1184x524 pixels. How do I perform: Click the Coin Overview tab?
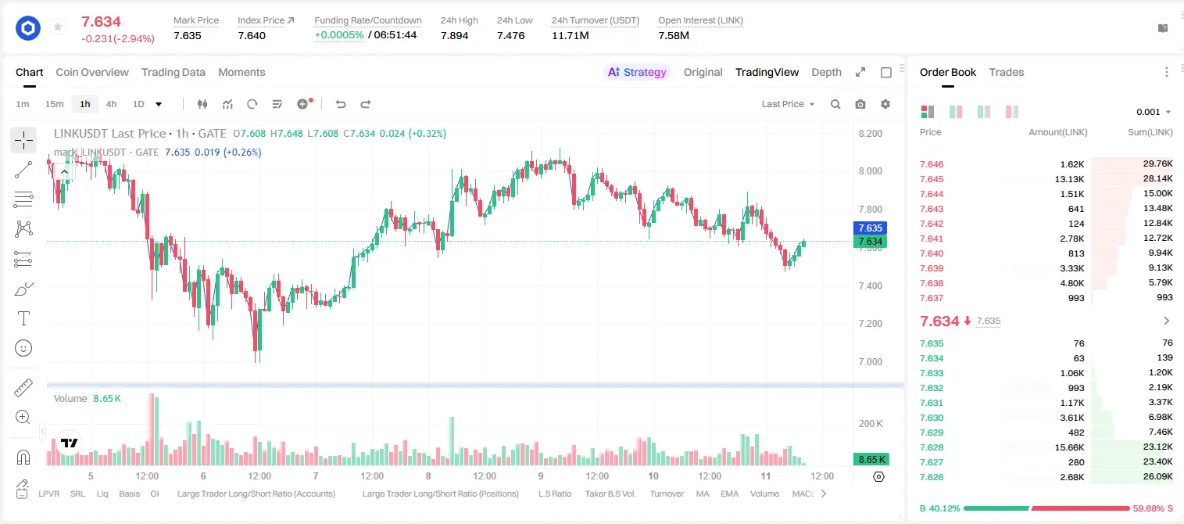click(92, 72)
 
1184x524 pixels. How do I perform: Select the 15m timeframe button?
click(54, 104)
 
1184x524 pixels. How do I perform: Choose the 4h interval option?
click(111, 104)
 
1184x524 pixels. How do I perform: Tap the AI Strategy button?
click(637, 72)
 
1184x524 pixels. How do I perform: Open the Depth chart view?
click(826, 72)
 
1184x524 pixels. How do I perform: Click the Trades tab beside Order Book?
click(1007, 72)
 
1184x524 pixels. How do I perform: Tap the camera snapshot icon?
click(860, 104)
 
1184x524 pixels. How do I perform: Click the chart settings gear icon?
click(885, 104)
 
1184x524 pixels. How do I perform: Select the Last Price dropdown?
click(788, 104)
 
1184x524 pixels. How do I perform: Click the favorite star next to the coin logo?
click(58, 27)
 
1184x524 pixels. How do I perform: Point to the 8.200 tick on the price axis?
click(871, 133)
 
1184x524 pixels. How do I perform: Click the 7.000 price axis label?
click(871, 361)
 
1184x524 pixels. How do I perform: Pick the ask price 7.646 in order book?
click(932, 164)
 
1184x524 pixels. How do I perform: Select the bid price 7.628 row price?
click(932, 447)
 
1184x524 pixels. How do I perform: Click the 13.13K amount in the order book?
click(1069, 179)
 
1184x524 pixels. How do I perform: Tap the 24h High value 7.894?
click(455, 35)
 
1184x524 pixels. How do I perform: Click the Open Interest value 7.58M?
click(674, 35)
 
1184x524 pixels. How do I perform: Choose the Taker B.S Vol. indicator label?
click(610, 493)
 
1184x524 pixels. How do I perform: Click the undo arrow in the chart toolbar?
click(341, 104)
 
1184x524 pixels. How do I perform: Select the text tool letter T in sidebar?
click(23, 318)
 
